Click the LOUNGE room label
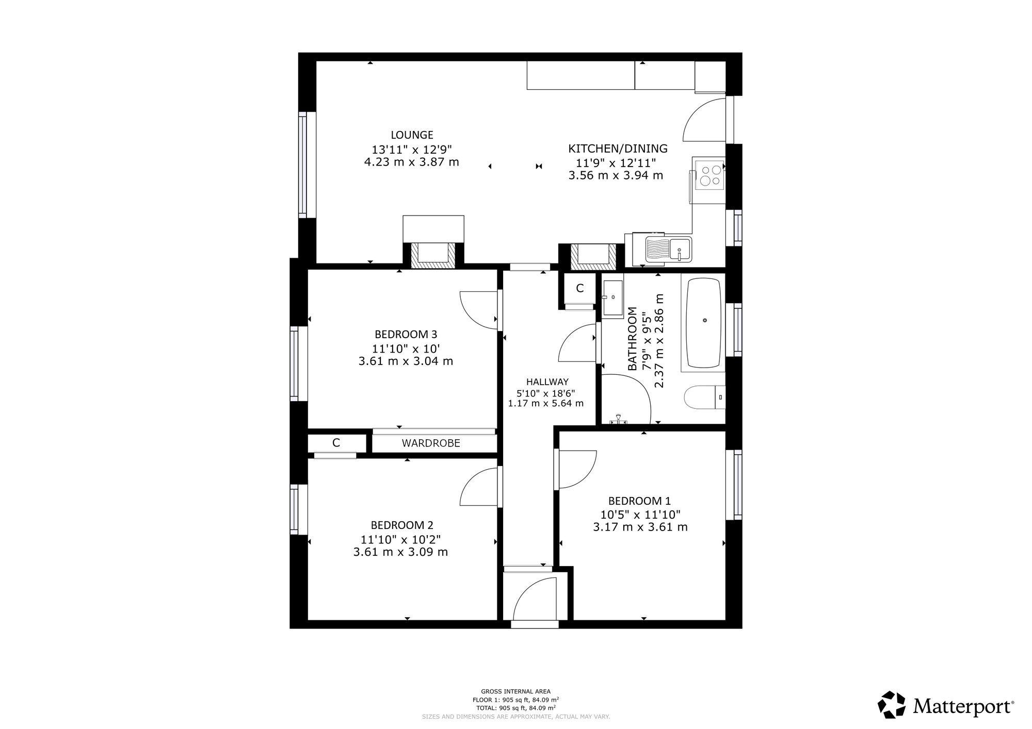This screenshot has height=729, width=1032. click(412, 135)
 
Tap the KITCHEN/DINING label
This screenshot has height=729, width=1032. click(618, 149)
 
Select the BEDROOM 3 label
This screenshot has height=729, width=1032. click(406, 334)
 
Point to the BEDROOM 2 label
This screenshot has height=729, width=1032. click(402, 525)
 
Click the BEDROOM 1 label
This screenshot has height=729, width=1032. click(639, 501)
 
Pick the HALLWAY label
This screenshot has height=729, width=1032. click(547, 382)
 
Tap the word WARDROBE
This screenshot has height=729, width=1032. click(431, 443)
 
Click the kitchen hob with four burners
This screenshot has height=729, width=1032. click(710, 174)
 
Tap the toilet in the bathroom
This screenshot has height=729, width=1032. click(705, 397)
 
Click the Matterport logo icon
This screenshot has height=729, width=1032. click(892, 705)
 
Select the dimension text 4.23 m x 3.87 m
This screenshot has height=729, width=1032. click(411, 162)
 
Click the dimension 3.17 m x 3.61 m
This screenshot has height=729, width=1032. click(640, 527)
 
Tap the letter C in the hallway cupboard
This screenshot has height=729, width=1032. click(579, 289)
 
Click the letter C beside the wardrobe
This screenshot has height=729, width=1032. click(336, 443)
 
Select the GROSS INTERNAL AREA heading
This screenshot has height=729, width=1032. click(515, 691)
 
